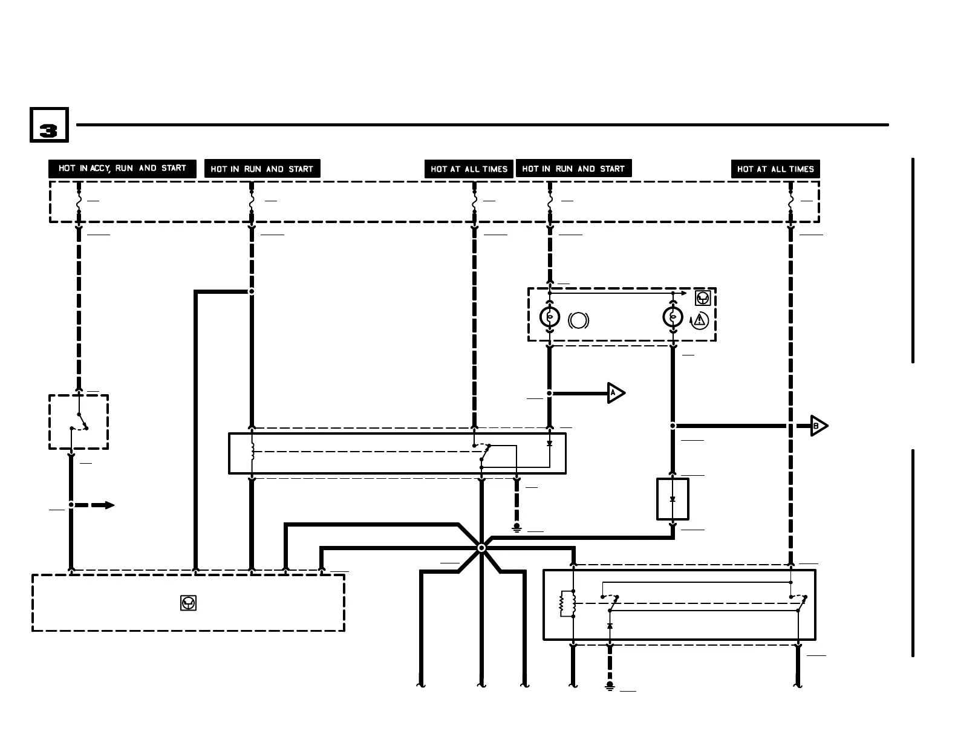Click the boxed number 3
click(49, 125)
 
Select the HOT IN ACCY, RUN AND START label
click(122, 169)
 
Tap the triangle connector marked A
click(615, 394)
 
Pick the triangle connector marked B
click(818, 426)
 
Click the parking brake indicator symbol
click(578, 320)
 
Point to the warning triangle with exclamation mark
click(700, 319)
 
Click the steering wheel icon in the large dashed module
click(189, 603)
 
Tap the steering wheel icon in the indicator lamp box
click(703, 298)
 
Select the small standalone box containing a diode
click(673, 499)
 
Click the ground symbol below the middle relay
click(516, 528)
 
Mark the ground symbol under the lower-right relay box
click(610, 686)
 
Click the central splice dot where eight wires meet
click(481, 548)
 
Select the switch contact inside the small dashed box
click(79, 421)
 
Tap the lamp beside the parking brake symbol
click(550, 317)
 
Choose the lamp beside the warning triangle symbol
click(673, 317)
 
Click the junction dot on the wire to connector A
click(550, 394)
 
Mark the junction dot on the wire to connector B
click(673, 426)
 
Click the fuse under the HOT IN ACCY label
click(79, 202)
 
